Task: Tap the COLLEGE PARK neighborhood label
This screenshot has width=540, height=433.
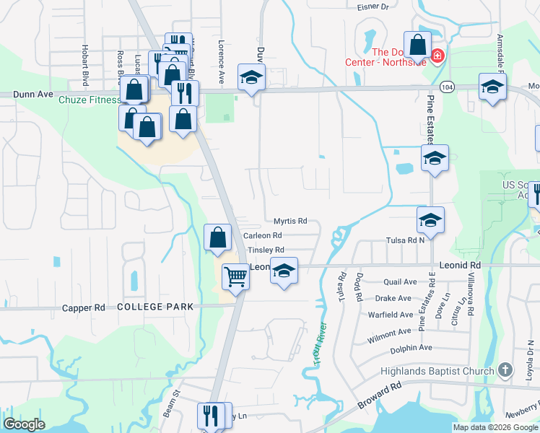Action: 155,307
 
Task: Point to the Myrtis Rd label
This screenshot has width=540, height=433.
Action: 290,221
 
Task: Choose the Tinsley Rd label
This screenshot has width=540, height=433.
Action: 266,250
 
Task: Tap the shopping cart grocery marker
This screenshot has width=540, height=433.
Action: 235,276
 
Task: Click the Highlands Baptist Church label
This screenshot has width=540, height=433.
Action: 437,371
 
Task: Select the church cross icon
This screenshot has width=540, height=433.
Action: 505,371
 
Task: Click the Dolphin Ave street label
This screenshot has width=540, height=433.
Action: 411,348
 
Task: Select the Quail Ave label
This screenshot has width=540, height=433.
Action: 401,282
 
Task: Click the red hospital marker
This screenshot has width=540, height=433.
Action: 437,56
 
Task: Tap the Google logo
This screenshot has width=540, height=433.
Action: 24,424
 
